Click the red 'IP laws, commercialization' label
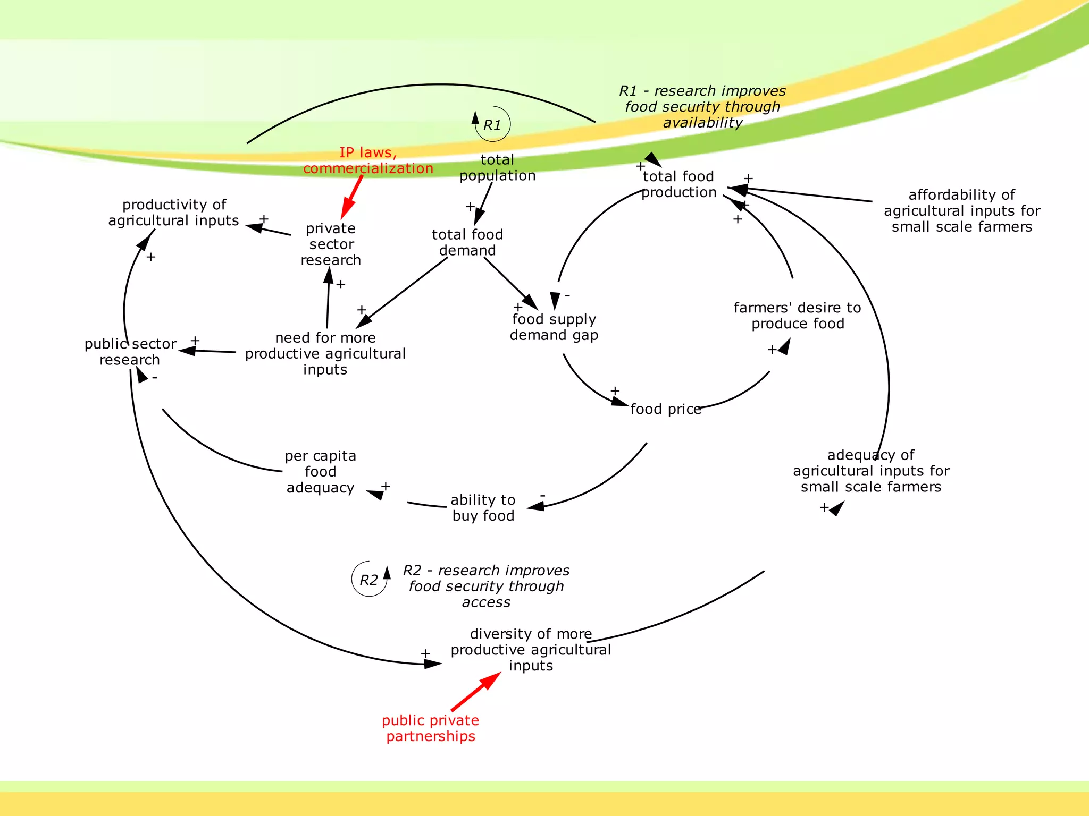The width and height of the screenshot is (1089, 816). [x=368, y=160]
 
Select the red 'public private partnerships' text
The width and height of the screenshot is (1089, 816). [x=431, y=728]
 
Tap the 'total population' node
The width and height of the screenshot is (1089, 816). [x=497, y=168]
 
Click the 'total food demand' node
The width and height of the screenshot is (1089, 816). [x=467, y=242]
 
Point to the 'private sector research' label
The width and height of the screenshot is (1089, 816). [x=331, y=244]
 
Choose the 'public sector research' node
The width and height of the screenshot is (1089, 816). [x=130, y=352]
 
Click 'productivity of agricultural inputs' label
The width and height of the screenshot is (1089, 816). [x=174, y=212]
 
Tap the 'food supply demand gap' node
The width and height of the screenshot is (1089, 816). [x=554, y=327]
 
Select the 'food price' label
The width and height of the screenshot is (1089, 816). [x=666, y=409]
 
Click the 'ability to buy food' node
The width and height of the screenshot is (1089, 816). [x=483, y=508]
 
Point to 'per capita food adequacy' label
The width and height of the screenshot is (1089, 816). [x=320, y=472]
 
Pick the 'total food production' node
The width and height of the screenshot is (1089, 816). [x=678, y=184]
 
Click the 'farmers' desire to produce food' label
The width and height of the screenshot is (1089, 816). [x=797, y=316]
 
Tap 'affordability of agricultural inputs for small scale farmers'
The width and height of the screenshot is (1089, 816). [x=962, y=211]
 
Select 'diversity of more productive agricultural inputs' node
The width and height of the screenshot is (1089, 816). [x=531, y=650]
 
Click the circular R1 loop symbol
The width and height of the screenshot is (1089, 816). [x=492, y=125]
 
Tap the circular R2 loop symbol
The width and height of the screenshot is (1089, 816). [x=369, y=580]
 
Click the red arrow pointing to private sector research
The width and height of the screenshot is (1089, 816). [x=352, y=197]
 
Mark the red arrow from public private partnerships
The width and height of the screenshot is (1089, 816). [x=476, y=691]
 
